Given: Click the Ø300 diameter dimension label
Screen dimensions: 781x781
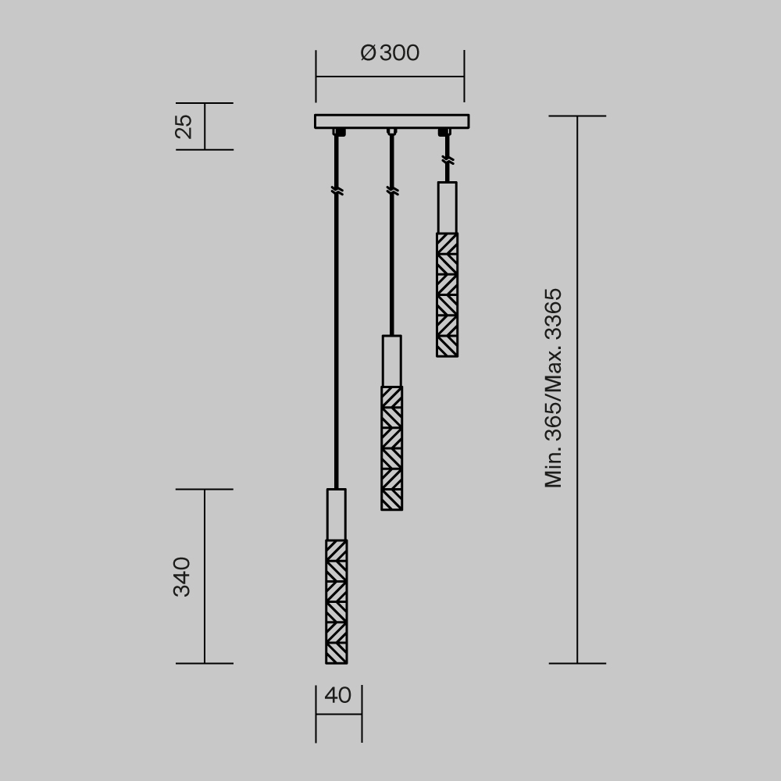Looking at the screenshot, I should pyautogui.click(x=390, y=53).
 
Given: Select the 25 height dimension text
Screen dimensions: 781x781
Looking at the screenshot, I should pyautogui.click(x=184, y=126).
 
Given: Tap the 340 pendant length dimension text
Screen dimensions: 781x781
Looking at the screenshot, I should pyautogui.click(x=182, y=576).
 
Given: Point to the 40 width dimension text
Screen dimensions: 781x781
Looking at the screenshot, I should pyautogui.click(x=337, y=695).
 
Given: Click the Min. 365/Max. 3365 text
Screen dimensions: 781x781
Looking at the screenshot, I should pyautogui.click(x=554, y=388).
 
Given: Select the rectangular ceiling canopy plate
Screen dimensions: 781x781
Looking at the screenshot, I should pyautogui.click(x=391, y=121).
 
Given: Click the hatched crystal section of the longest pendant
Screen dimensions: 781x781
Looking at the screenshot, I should pyautogui.click(x=336, y=601).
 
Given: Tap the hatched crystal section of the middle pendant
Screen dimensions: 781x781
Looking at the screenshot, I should pyautogui.click(x=391, y=448).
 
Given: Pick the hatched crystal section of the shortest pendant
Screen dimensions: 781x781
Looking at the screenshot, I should pyautogui.click(x=447, y=294).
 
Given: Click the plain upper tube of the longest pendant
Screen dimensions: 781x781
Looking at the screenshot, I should pyautogui.click(x=336, y=514).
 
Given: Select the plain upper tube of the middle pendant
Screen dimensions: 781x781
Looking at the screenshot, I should pyautogui.click(x=391, y=360).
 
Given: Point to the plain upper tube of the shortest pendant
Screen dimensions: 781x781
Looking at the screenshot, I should pyautogui.click(x=447, y=207).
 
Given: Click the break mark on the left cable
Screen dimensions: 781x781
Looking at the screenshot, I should pyautogui.click(x=337, y=191).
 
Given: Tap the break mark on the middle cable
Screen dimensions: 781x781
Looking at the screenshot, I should pyautogui.click(x=392, y=191).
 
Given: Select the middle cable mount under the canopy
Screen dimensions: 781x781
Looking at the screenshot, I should pyautogui.click(x=392, y=131).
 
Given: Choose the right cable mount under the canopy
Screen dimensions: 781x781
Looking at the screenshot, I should pyautogui.click(x=445, y=132).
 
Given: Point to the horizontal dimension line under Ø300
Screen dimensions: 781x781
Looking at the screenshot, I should pyautogui.click(x=390, y=77).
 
